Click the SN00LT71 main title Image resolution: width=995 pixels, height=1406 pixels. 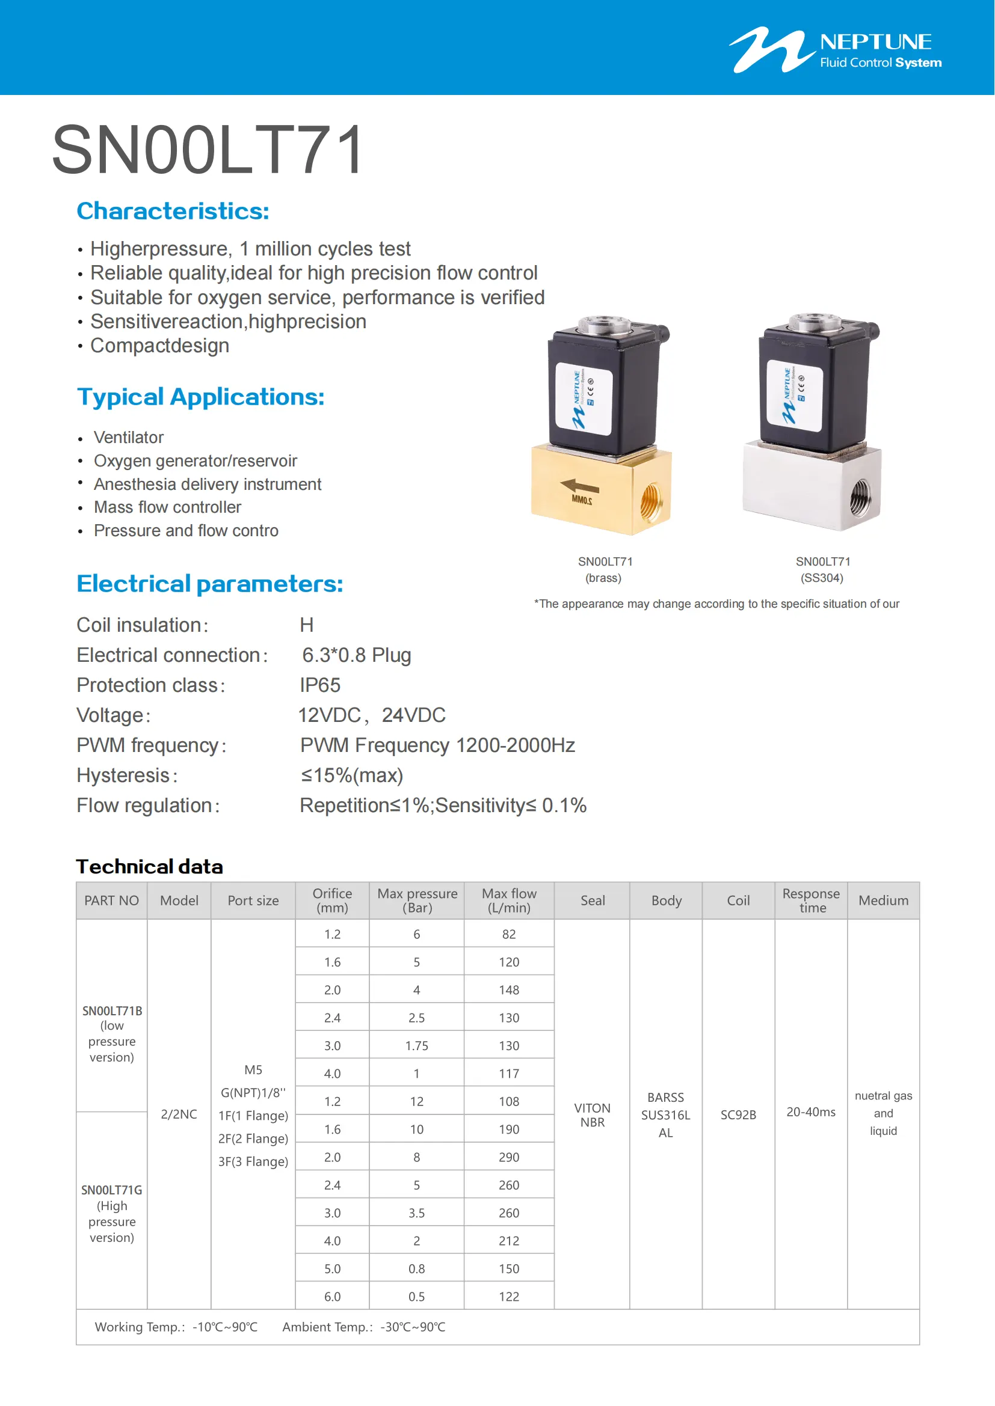point(208,150)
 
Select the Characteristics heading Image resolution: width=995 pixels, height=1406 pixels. point(173,211)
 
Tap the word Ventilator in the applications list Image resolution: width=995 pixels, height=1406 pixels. point(129,437)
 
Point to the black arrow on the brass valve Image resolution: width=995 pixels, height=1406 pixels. point(579,487)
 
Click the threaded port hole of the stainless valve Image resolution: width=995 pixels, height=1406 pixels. point(860,497)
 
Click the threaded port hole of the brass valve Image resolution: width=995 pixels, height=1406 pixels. point(650,501)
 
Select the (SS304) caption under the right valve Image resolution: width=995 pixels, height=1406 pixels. point(822,578)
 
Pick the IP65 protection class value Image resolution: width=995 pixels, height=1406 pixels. point(320,685)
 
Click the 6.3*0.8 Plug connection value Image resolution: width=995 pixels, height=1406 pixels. point(357,655)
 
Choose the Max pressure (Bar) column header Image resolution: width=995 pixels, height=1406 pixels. point(417,901)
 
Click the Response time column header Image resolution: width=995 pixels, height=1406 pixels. point(811,901)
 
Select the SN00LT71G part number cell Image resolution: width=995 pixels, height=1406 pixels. point(111,1190)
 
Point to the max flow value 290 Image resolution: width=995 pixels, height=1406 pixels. point(508,1157)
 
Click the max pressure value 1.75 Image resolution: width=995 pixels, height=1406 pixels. point(417,1046)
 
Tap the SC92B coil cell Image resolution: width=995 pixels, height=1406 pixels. point(738,1114)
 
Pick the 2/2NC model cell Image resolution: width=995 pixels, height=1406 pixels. point(179,1114)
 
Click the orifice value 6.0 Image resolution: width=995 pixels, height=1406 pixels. point(332,1297)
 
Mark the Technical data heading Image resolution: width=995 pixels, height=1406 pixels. point(150,867)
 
